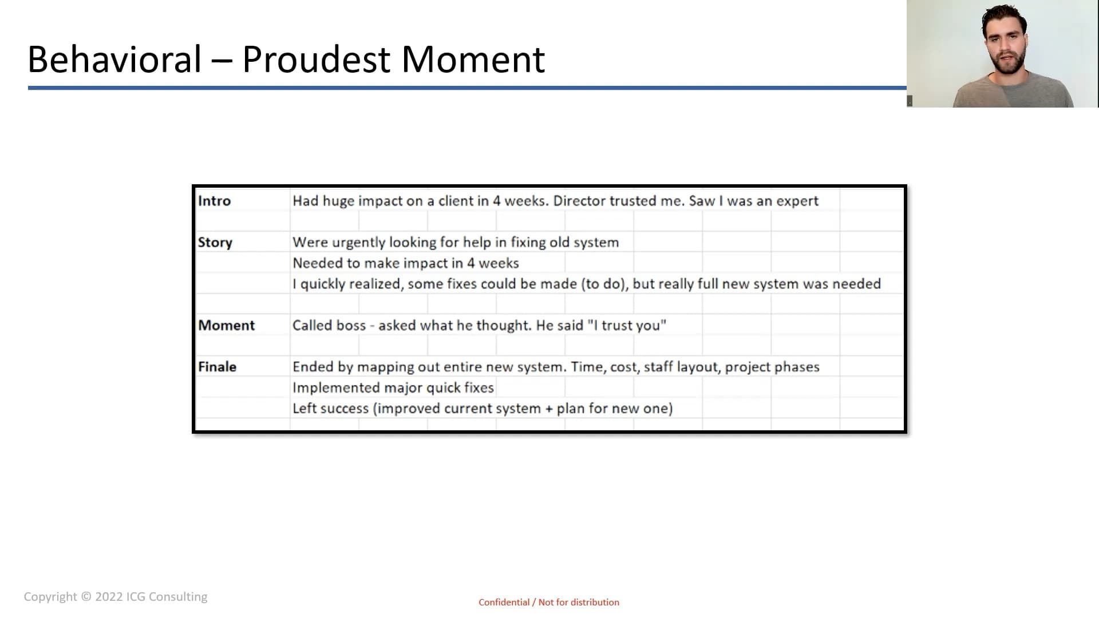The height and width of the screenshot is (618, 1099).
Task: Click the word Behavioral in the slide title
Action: [114, 59]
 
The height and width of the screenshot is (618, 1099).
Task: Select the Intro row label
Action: [214, 201]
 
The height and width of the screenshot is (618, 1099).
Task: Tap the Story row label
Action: [215, 243]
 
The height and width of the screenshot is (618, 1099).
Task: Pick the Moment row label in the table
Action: [226, 325]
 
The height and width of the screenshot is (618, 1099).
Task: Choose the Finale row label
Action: [217, 367]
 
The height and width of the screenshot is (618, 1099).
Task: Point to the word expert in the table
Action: [798, 201]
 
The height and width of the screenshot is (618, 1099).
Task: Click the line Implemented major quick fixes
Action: [393, 387]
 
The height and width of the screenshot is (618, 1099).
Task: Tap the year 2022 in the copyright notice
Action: [109, 597]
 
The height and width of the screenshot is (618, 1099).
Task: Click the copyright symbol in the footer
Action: [86, 597]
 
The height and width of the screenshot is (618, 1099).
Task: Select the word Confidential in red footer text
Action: [504, 602]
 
